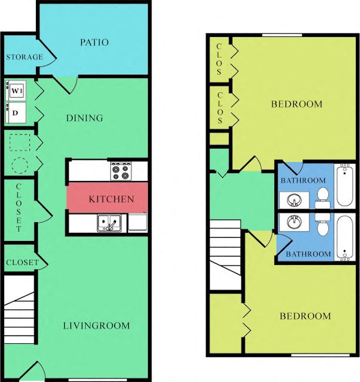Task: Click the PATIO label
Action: click(94, 42)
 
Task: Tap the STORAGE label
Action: click(24, 57)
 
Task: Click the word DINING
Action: click(84, 118)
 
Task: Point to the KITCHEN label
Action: click(111, 199)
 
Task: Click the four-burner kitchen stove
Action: click(120, 171)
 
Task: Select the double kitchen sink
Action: click(109, 223)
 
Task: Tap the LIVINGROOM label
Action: click(97, 326)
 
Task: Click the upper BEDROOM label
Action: click(297, 104)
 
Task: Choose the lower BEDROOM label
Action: click(305, 316)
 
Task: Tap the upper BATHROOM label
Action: click(302, 180)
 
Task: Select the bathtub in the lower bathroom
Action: click(344, 238)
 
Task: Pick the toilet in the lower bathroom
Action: click(322, 225)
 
